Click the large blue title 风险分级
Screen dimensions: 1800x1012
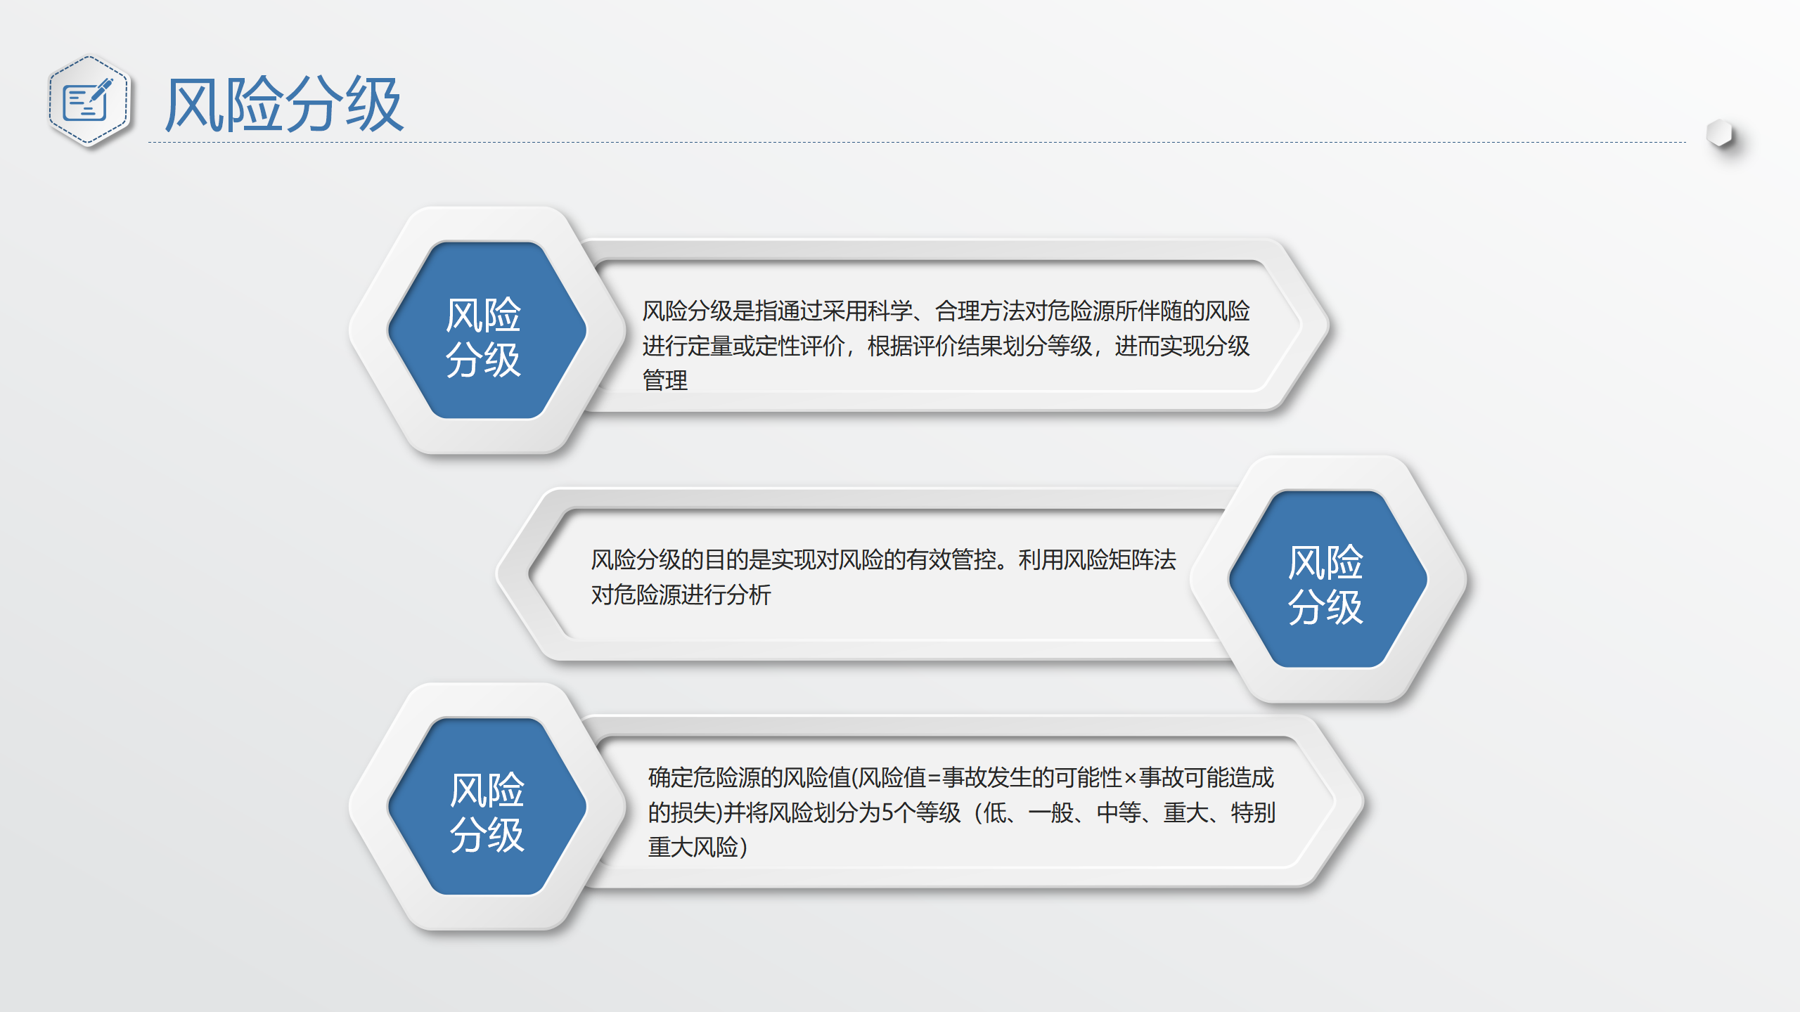tap(284, 104)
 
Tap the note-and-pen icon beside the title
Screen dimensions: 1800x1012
tap(88, 101)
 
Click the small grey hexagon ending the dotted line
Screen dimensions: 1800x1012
tap(1720, 134)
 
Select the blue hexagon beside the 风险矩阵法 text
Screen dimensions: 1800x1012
tap(1327, 578)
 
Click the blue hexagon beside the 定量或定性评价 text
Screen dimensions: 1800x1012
tap(487, 330)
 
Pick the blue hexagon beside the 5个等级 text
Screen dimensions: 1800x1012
tap(487, 806)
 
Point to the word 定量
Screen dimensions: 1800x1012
tap(710, 346)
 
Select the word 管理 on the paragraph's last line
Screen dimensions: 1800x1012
tap(665, 380)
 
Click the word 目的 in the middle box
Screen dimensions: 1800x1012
tap(726, 559)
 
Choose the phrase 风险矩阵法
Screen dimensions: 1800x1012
tap(1120, 559)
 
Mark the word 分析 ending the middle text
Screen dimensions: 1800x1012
tap(749, 595)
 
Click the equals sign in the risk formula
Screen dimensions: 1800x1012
tap(934, 778)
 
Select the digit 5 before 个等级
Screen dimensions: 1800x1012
tap(888, 812)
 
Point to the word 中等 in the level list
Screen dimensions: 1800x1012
tap(1119, 812)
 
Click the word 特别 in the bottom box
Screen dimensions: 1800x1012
tap(1253, 812)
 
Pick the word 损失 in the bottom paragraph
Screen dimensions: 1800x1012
tap(693, 812)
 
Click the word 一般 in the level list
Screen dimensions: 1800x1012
tap(1050, 812)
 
